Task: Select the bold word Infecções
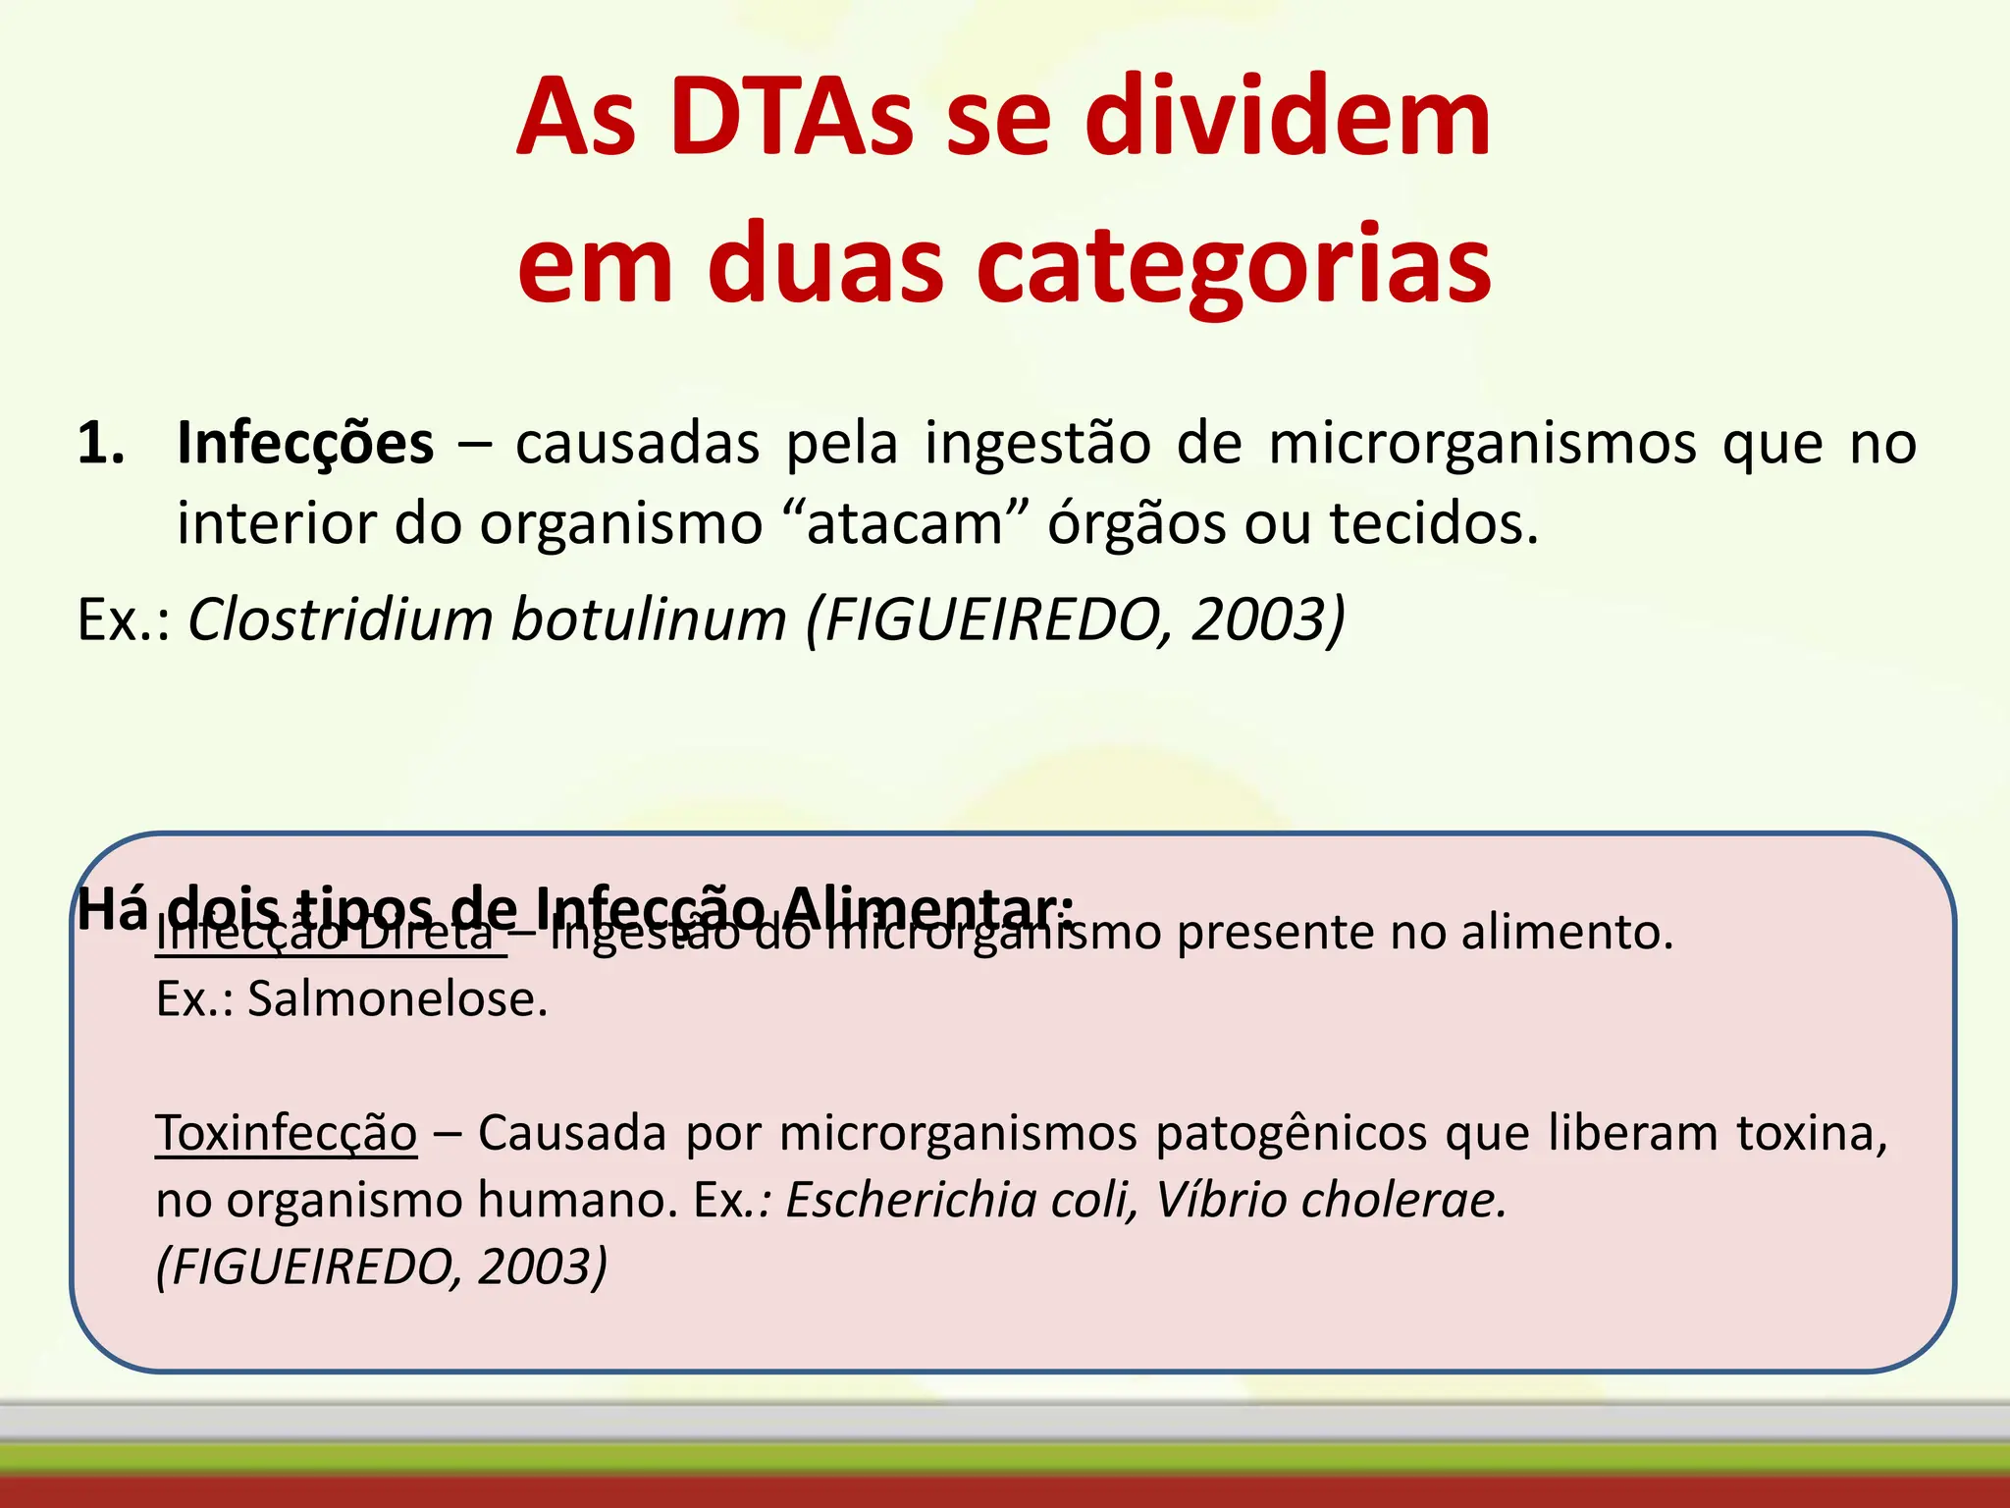pyautogui.click(x=305, y=444)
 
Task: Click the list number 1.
pyautogui.click(x=100, y=444)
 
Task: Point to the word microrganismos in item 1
pyautogui.click(x=1482, y=444)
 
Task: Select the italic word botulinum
pyautogui.click(x=649, y=620)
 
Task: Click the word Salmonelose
pyautogui.click(x=397, y=1000)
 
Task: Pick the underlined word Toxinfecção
pyautogui.click(x=287, y=1134)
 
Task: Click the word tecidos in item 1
pyautogui.click(x=1432, y=523)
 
